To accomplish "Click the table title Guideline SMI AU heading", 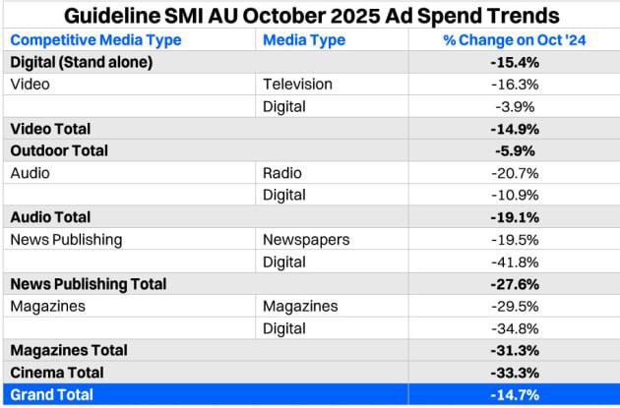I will click(x=310, y=16).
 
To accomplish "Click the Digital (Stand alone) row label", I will click(x=82, y=62).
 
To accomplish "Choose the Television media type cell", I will click(x=298, y=85).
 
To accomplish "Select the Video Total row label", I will click(x=50, y=129).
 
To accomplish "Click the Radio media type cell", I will click(x=282, y=173).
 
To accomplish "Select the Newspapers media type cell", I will click(x=306, y=240).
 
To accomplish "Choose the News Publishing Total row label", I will click(x=89, y=284).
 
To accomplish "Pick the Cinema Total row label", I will click(x=57, y=373).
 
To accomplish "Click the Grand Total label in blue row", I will click(x=52, y=394).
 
